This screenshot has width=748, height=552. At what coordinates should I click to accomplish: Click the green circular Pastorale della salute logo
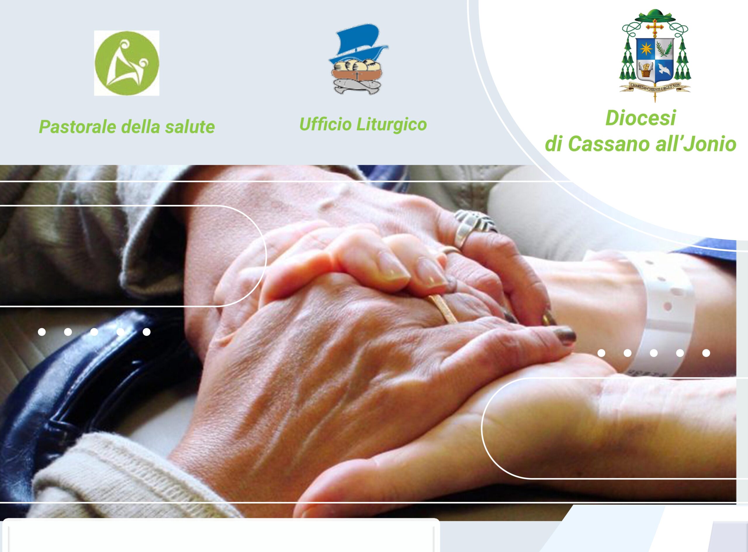coord(127,63)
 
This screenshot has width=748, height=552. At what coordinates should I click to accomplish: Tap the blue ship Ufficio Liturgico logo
coord(359,59)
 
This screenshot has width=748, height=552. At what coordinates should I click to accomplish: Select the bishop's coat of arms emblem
coord(655,55)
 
